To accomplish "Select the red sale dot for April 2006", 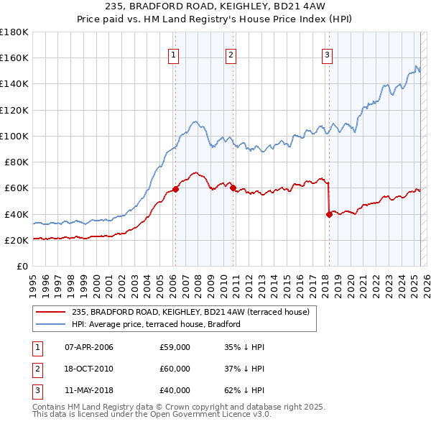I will pos(175,190).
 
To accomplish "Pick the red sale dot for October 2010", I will pos(233,188).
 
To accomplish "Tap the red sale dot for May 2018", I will pos(329,214).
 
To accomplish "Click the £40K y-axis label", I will pos(17,214).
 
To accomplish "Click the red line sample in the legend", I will pos(51,312).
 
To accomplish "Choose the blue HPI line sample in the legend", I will pos(51,324).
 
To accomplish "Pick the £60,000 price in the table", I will pos(175,369).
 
